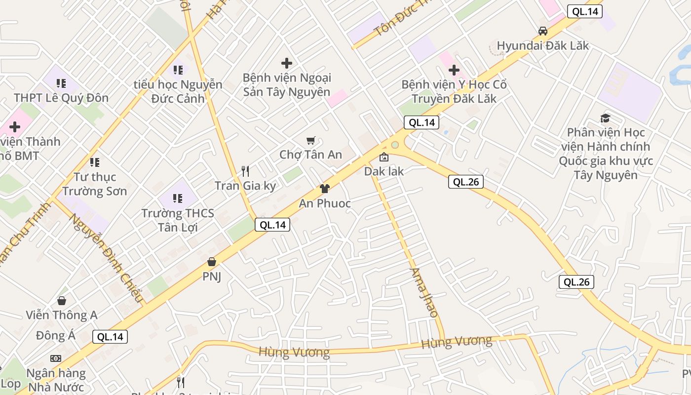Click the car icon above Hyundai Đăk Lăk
[x=543, y=31]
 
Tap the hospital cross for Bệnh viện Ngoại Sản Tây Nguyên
[x=286, y=63]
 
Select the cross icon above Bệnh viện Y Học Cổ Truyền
[x=454, y=70]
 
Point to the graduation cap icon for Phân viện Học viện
[x=605, y=118]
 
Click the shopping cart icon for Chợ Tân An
[x=310, y=141]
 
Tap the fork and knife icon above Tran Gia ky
[x=245, y=171]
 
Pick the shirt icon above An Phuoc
[x=324, y=188]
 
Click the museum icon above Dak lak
[x=384, y=158]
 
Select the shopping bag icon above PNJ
[x=212, y=261]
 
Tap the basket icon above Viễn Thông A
[x=62, y=300]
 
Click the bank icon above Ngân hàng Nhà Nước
[x=56, y=358]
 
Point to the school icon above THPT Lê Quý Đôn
[x=61, y=83]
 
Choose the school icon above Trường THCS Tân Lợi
[x=178, y=198]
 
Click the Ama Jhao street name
[x=424, y=292]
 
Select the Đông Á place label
[x=56, y=336]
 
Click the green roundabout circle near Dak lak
[x=394, y=145]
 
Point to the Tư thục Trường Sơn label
[x=95, y=184]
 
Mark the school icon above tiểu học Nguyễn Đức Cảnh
[x=178, y=70]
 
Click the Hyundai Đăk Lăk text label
[x=543, y=46]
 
